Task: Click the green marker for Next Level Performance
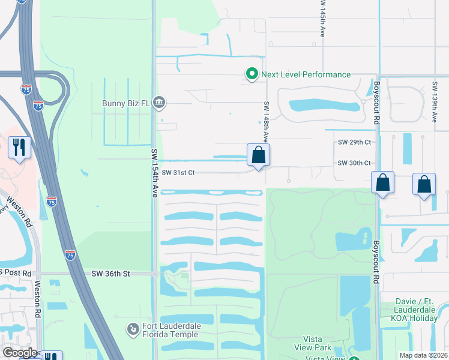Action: point(252,74)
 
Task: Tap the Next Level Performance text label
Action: point(306,74)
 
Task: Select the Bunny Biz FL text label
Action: point(122,102)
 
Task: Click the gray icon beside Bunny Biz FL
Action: point(159,102)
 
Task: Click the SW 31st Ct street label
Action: point(178,173)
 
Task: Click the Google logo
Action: point(20,353)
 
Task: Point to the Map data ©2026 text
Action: point(424,355)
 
